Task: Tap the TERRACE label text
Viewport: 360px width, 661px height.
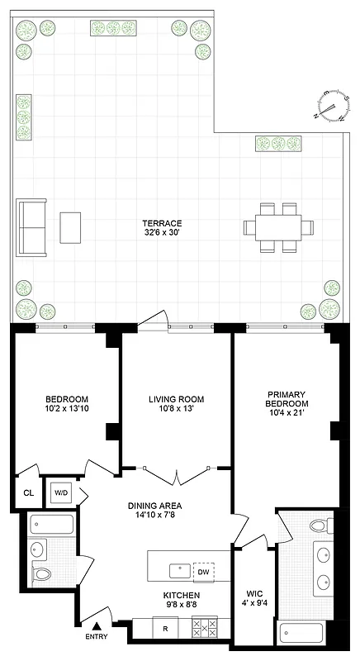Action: (162, 224)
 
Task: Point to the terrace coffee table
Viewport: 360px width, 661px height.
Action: (71, 226)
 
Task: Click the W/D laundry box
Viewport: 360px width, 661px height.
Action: (60, 493)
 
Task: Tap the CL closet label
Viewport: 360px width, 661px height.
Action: (28, 493)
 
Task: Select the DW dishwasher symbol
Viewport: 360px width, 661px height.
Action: (203, 571)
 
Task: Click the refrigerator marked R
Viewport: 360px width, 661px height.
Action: (165, 629)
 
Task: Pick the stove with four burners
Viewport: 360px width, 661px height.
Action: (205, 629)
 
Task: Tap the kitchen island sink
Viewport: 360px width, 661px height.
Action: (177, 570)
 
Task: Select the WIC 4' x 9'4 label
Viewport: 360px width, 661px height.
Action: (254, 598)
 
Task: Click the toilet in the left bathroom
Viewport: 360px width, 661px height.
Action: (40, 573)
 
